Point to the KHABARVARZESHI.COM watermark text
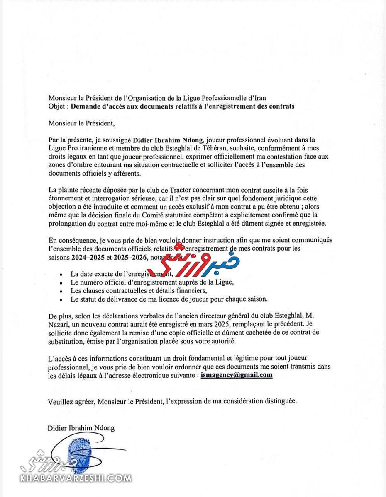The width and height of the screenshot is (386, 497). point(76,478)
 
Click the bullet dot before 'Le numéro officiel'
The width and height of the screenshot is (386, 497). point(61,283)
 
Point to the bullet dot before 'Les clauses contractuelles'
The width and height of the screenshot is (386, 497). point(61,291)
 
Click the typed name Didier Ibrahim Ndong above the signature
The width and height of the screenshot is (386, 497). point(81,428)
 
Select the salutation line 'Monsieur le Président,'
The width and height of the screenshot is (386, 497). point(81,123)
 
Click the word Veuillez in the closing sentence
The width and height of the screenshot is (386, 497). point(59,401)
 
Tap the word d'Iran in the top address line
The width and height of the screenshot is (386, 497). point(256,98)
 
